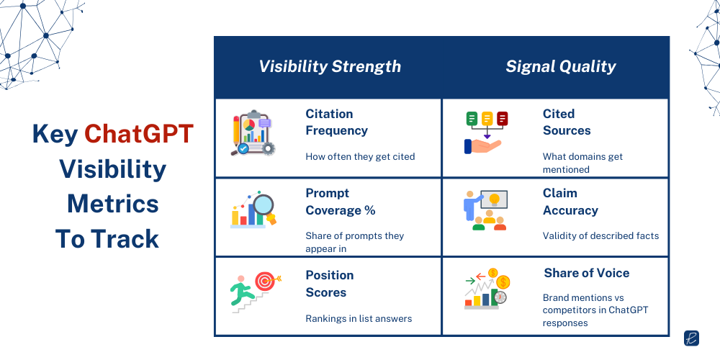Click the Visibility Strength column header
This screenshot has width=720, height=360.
(330, 67)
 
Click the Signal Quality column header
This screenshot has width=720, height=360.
(561, 67)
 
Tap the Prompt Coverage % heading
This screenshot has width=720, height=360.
(340, 202)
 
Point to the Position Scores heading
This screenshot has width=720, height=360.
(329, 284)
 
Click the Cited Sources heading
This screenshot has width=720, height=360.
(567, 122)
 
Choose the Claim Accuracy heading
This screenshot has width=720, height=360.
(570, 202)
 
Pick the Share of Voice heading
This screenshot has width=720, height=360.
(586, 273)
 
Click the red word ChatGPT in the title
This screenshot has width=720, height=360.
(138, 134)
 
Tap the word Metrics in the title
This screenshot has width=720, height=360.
(112, 204)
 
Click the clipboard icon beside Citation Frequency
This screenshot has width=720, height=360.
(252, 132)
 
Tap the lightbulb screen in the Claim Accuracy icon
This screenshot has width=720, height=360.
(495, 199)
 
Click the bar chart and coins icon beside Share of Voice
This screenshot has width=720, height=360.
(486, 287)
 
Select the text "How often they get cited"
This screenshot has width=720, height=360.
(360, 156)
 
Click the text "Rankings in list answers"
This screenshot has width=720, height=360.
(359, 318)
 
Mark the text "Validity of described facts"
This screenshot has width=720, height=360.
(600, 235)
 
